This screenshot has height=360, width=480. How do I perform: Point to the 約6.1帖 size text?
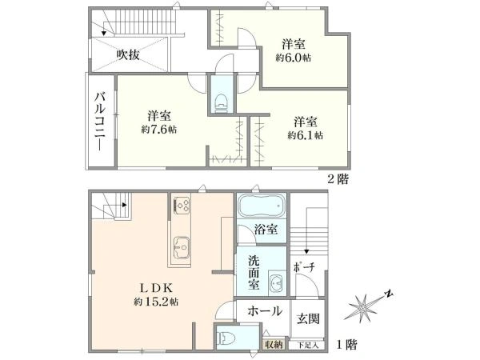(x=306, y=136)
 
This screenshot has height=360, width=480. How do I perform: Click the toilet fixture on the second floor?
(x=220, y=101)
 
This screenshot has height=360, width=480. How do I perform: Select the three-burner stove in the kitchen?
(x=180, y=206)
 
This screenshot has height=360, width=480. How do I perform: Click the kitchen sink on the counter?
(x=180, y=246)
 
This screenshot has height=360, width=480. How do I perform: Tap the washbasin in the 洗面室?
(x=277, y=284)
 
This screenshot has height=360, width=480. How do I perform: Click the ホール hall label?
(x=263, y=311)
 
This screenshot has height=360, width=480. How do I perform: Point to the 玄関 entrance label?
(x=307, y=318)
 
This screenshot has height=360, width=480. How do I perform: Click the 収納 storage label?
(x=274, y=344)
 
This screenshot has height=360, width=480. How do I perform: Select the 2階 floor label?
(x=338, y=179)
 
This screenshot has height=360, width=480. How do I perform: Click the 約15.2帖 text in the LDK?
(x=156, y=302)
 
